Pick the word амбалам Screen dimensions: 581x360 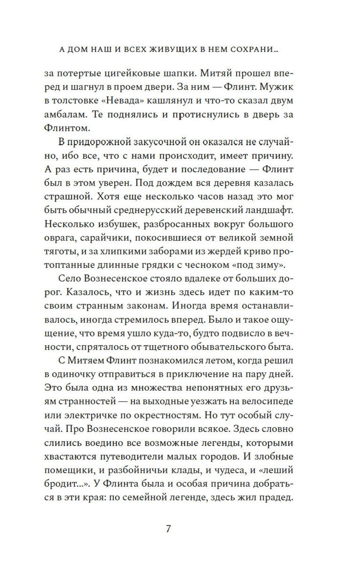(x=65, y=115)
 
